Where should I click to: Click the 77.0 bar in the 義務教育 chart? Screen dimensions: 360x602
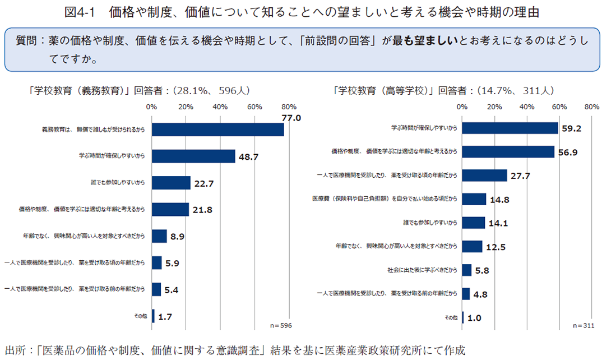click(217, 130)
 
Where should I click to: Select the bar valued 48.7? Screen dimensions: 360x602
click(193, 156)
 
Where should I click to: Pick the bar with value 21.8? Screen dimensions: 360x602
click(170, 209)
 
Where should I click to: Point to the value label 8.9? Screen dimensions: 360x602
click(178, 236)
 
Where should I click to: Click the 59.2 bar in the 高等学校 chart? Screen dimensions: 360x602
click(510, 128)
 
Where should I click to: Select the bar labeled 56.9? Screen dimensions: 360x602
click(508, 152)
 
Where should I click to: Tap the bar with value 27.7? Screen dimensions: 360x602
click(485, 176)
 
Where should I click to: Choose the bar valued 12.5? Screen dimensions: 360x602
click(473, 246)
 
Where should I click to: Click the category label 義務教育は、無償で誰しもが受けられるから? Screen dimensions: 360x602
click(94, 130)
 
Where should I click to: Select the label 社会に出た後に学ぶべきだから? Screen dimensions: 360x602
click(422, 270)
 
